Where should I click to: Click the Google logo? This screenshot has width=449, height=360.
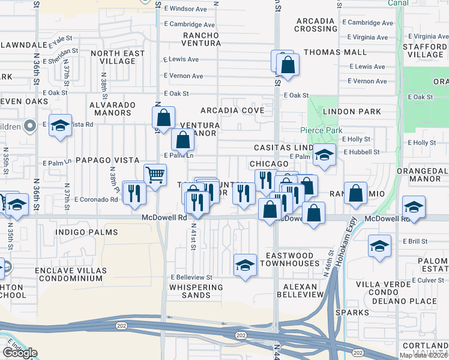[20, 353]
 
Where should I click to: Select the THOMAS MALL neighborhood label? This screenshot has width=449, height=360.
[335, 52]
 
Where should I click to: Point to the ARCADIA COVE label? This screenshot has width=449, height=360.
[232, 110]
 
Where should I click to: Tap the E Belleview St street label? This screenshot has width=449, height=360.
[191, 277]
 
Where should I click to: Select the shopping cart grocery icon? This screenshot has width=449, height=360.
[155, 175]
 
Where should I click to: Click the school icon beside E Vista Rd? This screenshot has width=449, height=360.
[60, 125]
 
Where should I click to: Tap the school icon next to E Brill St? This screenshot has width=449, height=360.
[379, 246]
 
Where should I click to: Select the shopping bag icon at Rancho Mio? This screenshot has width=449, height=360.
[356, 193]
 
